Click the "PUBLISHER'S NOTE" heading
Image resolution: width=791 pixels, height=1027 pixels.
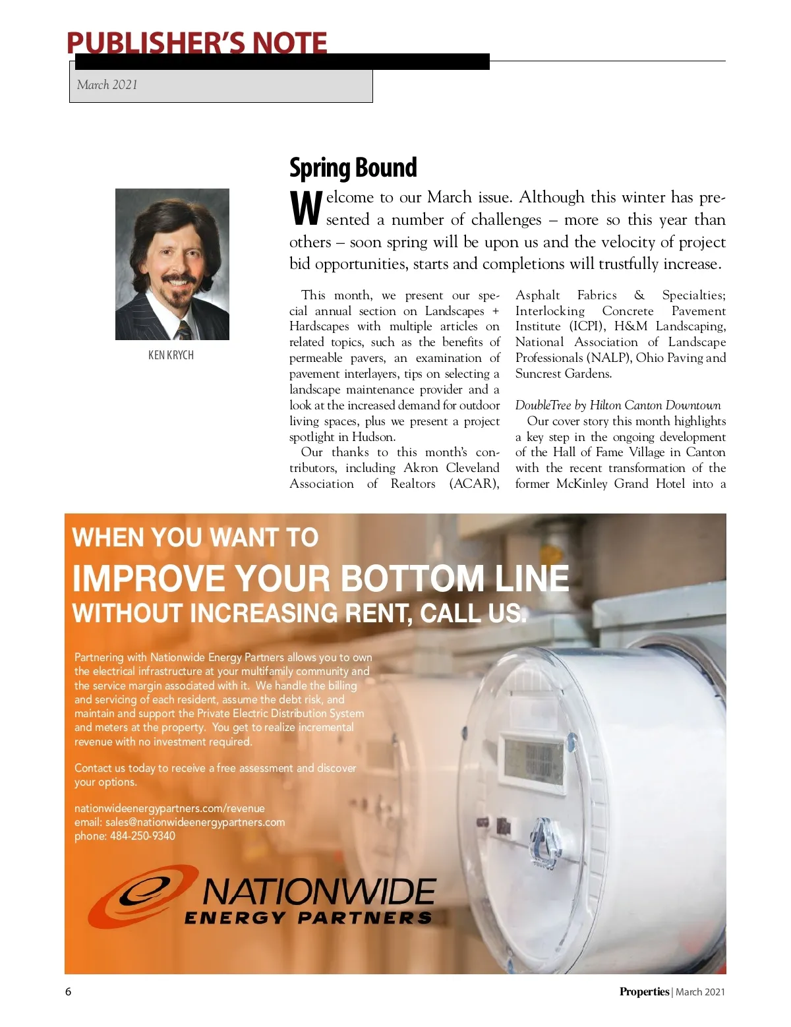coord(196,43)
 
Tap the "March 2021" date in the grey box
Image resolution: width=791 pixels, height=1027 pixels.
coord(107,84)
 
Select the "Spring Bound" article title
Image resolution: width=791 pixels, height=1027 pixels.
coord(353,167)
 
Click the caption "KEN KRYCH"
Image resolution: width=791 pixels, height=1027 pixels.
coord(171,355)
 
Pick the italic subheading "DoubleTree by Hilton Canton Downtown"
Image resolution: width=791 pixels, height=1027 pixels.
coord(618,405)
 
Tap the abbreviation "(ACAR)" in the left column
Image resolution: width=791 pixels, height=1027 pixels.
coord(474,484)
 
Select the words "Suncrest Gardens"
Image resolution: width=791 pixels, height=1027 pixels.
coord(563,374)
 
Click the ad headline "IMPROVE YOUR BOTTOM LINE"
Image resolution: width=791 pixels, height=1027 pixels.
coord(320,579)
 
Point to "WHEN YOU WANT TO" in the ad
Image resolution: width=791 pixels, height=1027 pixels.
coord(195,537)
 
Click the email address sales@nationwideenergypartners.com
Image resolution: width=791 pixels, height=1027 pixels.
coord(195,823)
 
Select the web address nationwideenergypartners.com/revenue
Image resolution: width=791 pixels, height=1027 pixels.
coord(169,809)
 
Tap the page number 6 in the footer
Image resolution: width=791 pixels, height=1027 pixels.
coord(68,992)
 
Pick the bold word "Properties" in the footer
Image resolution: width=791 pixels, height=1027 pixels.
coord(644,992)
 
